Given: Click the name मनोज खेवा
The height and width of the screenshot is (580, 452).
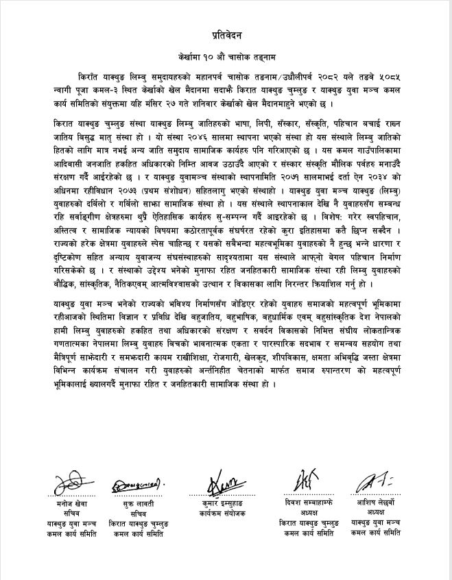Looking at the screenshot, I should pos(75,504).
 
